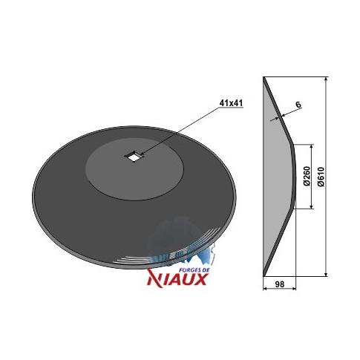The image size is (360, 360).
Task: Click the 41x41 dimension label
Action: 231,103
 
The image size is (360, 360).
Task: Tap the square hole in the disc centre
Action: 134,157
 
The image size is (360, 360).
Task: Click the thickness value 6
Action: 298,105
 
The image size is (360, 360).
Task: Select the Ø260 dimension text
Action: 307,177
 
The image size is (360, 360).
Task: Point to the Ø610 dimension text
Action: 321,177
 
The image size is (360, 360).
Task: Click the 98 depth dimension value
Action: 280,284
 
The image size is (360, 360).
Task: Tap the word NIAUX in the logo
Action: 177,280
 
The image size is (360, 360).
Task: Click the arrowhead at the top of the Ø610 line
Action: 326,79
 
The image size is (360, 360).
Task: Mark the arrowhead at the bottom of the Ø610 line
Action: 326,274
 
